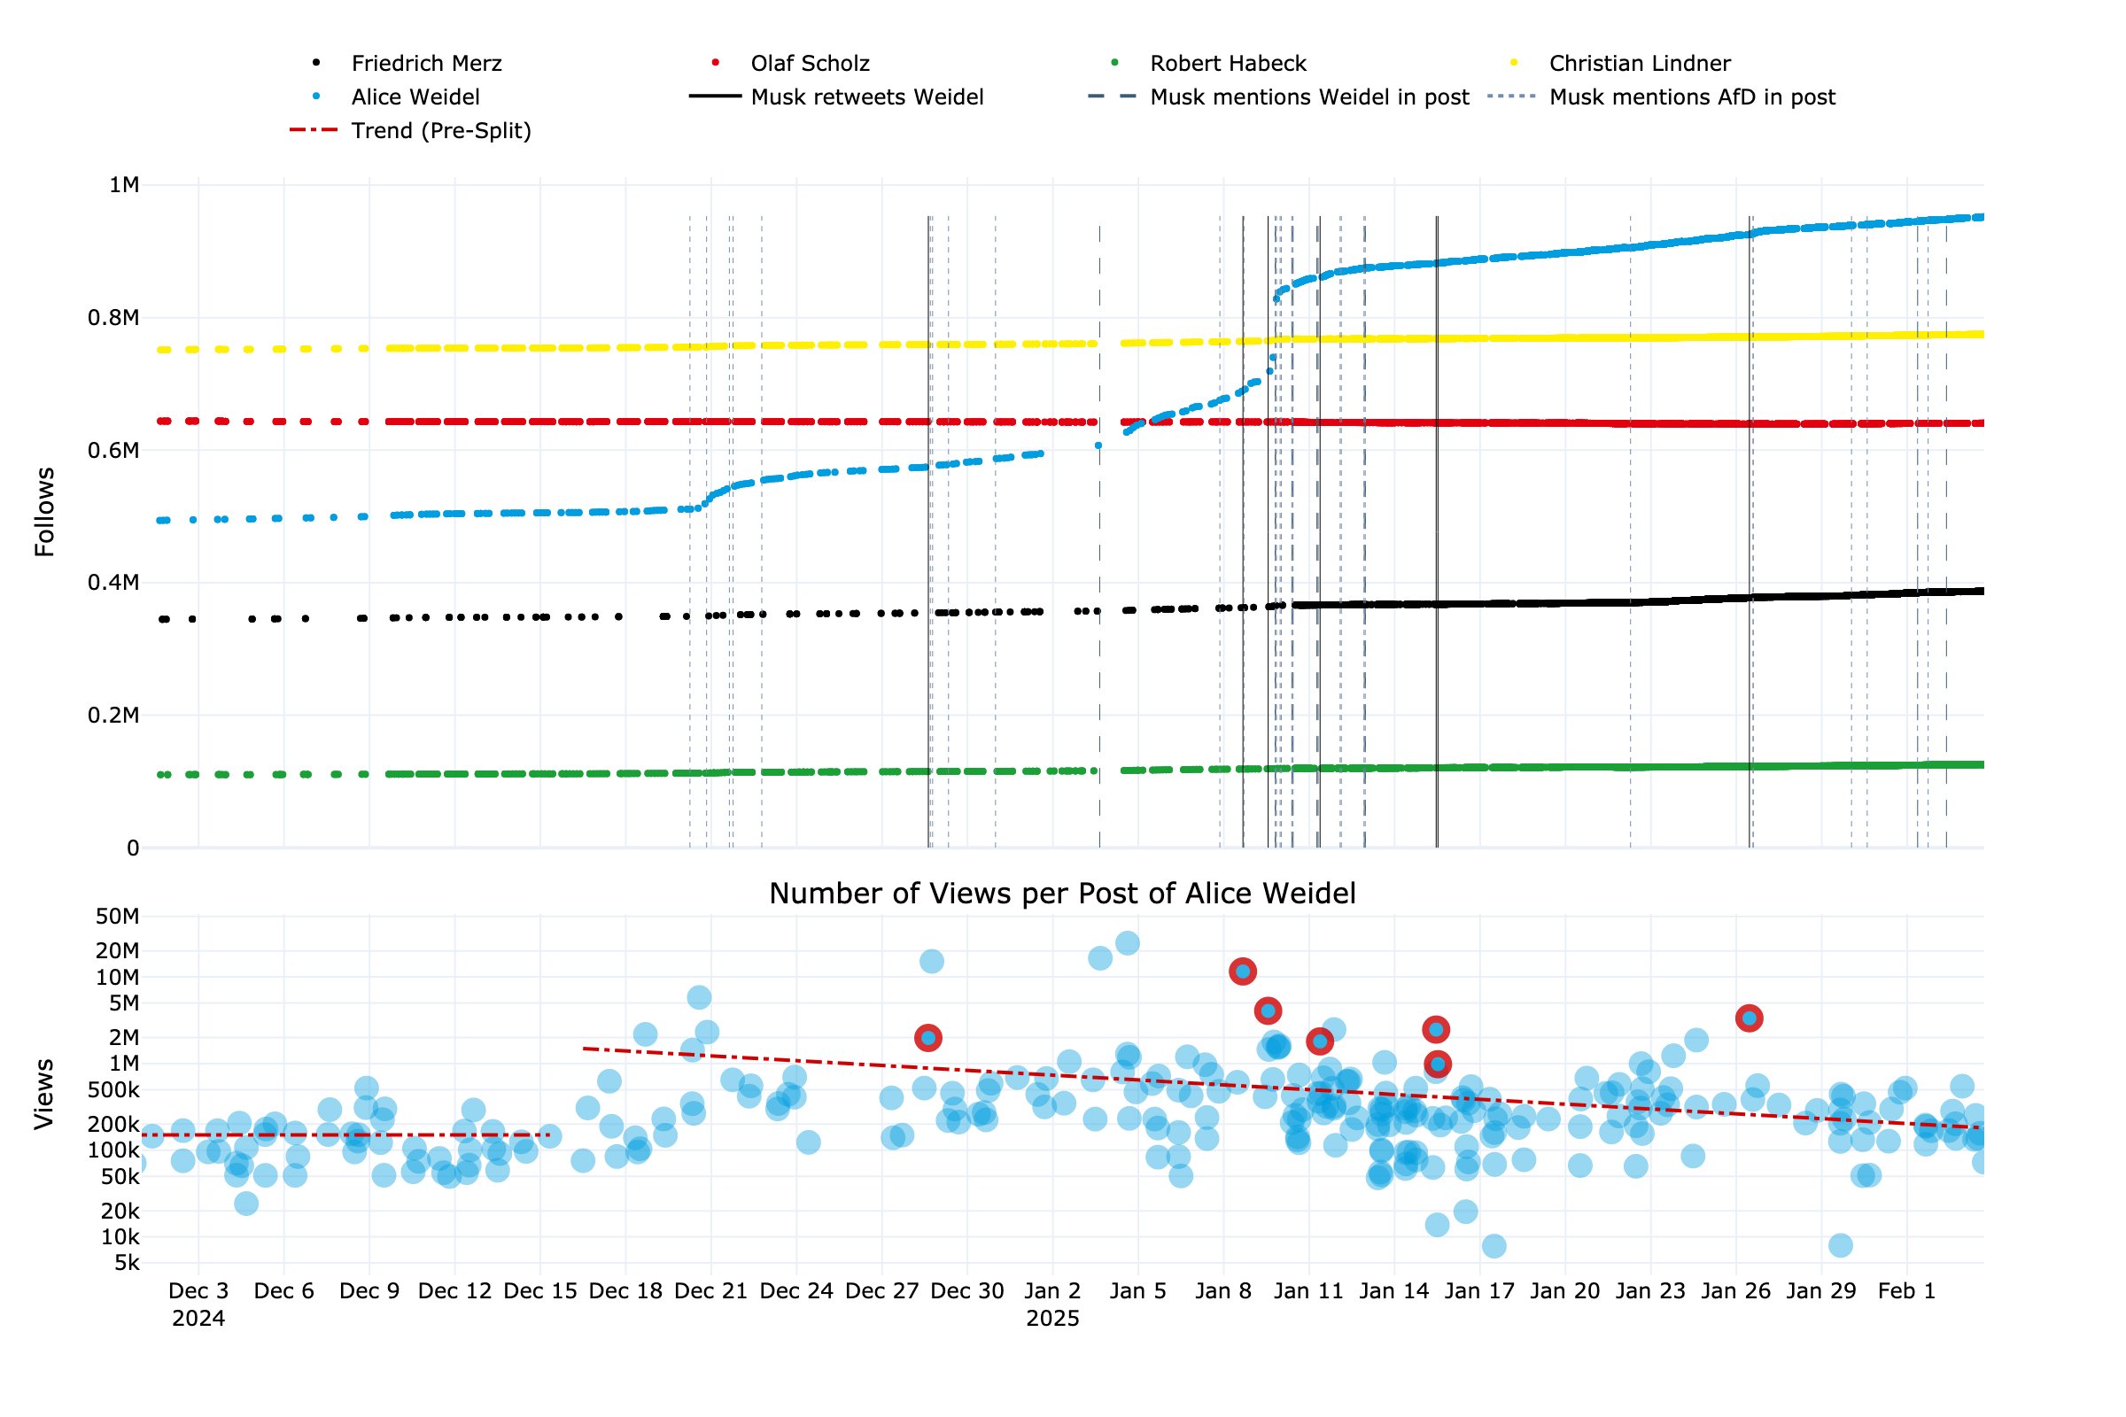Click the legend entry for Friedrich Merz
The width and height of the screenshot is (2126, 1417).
[426, 63]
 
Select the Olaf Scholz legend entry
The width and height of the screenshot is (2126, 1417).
[809, 63]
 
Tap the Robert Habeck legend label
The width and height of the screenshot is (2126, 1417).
[1228, 63]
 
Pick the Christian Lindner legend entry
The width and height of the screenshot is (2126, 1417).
[1639, 63]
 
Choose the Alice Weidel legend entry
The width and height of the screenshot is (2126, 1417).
[415, 97]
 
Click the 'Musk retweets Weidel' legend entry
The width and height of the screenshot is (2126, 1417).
[866, 97]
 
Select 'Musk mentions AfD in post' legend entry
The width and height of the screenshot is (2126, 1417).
[1691, 97]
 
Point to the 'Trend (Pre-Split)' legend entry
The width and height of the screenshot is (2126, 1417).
[440, 130]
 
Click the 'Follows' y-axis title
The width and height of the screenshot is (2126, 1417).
[44, 512]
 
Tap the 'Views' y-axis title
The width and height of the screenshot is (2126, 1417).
[44, 1094]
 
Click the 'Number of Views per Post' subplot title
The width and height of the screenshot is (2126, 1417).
[1062, 893]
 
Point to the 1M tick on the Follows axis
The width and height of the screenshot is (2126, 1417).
[124, 185]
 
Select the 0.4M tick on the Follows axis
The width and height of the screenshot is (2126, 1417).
[114, 583]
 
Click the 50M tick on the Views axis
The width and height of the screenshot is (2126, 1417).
[118, 917]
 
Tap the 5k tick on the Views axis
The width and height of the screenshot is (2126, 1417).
[127, 1264]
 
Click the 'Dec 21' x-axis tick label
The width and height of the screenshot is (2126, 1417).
[710, 1290]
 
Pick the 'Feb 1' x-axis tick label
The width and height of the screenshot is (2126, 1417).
[1905, 1290]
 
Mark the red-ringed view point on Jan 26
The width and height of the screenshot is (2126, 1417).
[1749, 1018]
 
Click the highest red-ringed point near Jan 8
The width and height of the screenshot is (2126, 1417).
[1243, 972]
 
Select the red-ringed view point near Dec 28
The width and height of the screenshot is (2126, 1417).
[928, 1037]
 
